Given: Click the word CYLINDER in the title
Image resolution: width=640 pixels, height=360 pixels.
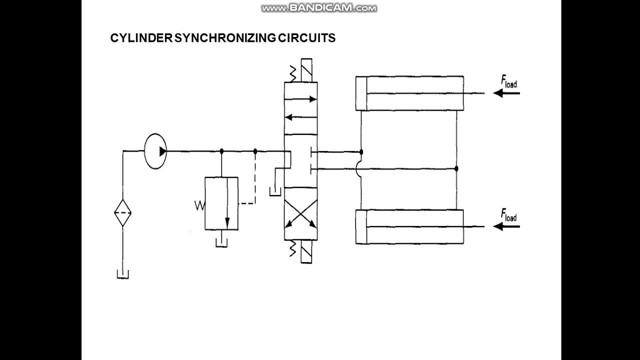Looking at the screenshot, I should [x=141, y=38].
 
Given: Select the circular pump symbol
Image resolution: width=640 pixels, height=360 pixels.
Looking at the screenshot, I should [x=155, y=150].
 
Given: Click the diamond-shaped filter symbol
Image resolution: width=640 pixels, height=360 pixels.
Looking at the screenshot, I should [x=122, y=213].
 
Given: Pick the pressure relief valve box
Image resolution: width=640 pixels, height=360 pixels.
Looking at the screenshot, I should [x=221, y=203].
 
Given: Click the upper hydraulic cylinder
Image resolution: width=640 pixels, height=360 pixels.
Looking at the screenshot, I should [x=409, y=93].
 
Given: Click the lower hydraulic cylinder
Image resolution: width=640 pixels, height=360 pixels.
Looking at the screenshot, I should [x=409, y=226].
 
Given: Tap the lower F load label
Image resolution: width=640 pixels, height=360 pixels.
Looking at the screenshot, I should [x=509, y=216].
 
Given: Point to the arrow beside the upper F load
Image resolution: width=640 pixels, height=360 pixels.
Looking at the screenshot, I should [x=506, y=93].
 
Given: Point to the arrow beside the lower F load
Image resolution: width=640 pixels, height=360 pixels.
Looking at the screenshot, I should [x=506, y=226].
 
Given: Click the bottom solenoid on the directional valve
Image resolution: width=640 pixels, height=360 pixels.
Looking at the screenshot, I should [x=306, y=252].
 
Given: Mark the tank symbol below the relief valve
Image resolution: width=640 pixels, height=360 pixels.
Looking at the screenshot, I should [x=221, y=242].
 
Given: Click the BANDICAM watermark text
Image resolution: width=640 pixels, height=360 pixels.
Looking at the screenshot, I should [x=319, y=8].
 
